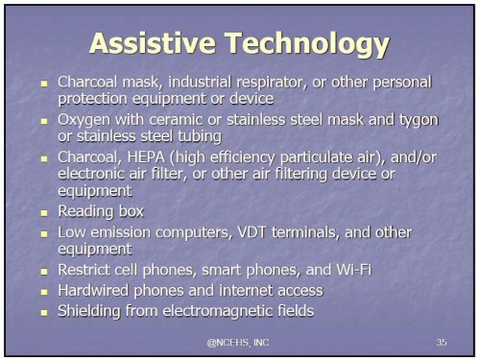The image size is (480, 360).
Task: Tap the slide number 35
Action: coord(441,342)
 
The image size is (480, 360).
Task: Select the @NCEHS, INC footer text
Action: coord(240,342)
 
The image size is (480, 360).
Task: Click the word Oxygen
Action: coord(86,119)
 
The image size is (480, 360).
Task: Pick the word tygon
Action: coord(416,119)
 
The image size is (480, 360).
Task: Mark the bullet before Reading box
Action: coord(42,210)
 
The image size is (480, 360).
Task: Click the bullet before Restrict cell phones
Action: coord(42,272)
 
